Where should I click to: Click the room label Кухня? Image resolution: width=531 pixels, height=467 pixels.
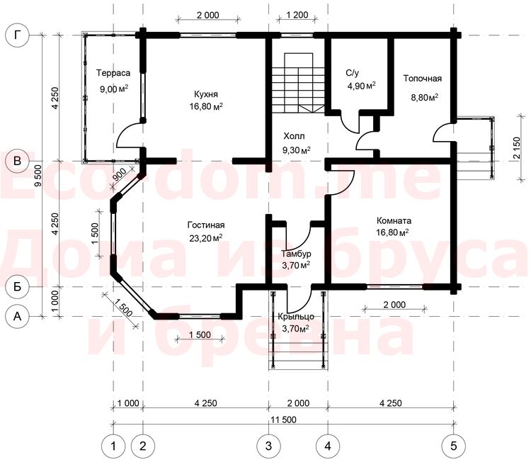coord(206,94)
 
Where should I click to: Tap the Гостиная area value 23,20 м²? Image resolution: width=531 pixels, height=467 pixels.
coord(206,237)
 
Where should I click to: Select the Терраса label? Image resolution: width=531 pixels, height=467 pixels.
coord(113,73)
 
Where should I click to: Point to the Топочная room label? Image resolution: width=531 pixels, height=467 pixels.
coord(423,79)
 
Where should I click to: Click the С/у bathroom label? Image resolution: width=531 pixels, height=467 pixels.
coord(352,73)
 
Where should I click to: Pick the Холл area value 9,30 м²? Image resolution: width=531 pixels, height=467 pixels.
coord(297,150)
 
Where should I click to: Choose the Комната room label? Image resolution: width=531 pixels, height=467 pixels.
coord(394,221)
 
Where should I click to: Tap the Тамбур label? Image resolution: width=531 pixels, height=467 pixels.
coord(297,254)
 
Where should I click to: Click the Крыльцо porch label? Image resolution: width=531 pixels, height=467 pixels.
coord(296,317)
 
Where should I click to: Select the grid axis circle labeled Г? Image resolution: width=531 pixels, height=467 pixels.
coord(17,35)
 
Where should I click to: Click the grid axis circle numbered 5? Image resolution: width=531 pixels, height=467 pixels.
coord(454,446)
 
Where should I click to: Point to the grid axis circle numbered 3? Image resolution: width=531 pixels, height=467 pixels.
coord(268,446)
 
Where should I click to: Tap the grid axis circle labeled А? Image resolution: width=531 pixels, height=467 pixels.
coord(17,316)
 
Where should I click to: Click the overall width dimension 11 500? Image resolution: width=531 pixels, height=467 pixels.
coord(283,420)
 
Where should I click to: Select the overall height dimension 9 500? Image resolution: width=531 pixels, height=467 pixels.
coord(38,175)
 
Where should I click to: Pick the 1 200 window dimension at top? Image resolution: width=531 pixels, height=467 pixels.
coord(297,15)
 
